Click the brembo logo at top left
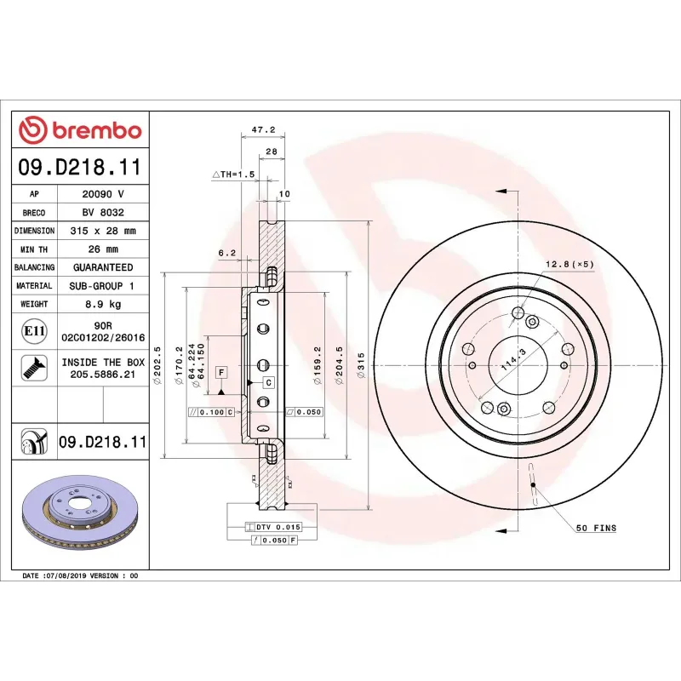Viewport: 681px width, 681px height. pos(80,130)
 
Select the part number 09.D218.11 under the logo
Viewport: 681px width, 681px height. pos(80,166)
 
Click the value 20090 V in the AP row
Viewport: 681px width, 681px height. pos(103,194)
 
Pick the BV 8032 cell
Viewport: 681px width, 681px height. pos(103,213)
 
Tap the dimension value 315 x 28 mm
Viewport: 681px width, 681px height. pos(103,231)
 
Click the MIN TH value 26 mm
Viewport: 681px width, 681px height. pos(103,249)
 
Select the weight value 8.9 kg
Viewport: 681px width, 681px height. pos(103,304)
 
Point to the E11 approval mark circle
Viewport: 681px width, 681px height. pos(34,330)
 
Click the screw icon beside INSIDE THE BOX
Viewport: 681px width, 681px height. pos(33,368)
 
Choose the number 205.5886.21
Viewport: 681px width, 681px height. pos(103,374)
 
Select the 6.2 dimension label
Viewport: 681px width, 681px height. pos(226,253)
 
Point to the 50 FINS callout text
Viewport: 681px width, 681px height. pos(596,529)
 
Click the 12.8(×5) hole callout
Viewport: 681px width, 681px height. pos(569,264)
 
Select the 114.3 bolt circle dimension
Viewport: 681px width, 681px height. pos(512,363)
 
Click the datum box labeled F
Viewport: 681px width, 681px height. pos(221,373)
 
